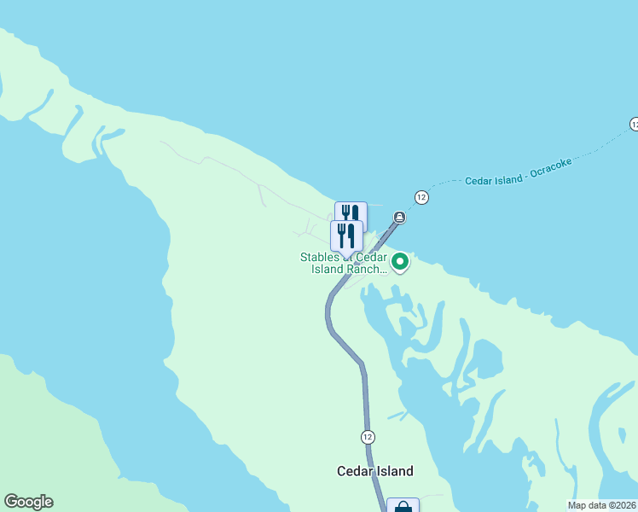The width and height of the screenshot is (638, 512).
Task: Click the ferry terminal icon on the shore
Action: [399, 217]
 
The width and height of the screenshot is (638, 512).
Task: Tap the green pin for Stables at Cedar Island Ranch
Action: [399, 260]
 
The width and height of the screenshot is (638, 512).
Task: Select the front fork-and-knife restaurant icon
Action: [346, 236]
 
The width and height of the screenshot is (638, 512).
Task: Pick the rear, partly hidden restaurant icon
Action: [351, 210]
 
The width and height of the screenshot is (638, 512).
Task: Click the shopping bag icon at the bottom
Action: [403, 506]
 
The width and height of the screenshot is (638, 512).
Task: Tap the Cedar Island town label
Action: [375, 471]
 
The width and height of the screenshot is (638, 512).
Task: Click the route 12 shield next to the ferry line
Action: [421, 197]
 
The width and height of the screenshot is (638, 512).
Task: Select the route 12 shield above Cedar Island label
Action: [368, 436]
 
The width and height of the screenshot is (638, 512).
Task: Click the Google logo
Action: [28, 502]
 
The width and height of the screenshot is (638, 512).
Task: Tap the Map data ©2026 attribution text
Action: [601, 505]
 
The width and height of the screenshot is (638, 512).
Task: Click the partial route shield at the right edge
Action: [634, 125]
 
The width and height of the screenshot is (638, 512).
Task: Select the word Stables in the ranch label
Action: [319, 257]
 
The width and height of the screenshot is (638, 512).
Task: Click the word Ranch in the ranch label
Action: [368, 269]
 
